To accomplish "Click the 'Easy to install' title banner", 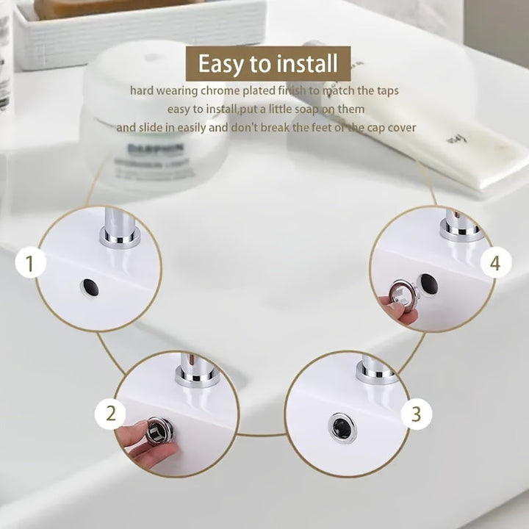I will click(267, 64).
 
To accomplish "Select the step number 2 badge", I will click(110, 414).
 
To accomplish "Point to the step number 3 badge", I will click(416, 414).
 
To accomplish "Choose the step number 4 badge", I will click(495, 263).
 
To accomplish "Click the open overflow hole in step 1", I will click(90, 287).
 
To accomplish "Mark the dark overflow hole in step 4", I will click(428, 284).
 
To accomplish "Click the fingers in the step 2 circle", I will click(136, 441).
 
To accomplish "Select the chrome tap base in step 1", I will click(120, 237).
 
